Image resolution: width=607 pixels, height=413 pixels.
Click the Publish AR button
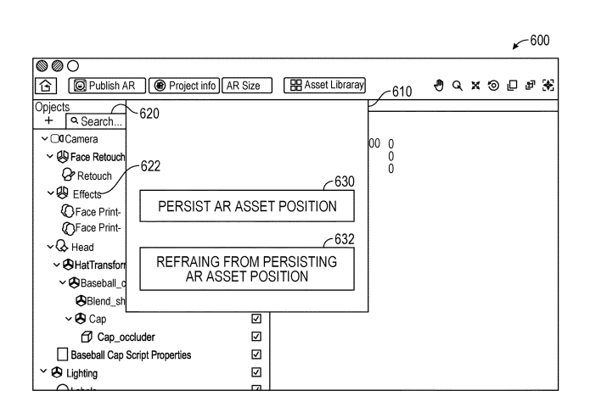pyautogui.click(x=106, y=86)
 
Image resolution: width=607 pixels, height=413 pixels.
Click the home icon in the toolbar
pyautogui.click(x=45, y=86)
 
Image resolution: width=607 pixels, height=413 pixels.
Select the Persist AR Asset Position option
pyautogui.click(x=246, y=207)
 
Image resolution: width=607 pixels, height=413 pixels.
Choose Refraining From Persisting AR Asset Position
pyautogui.click(x=246, y=269)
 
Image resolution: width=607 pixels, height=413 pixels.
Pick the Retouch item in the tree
pyautogui.click(x=93, y=176)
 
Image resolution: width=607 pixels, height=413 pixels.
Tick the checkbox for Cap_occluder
pyautogui.click(x=256, y=336)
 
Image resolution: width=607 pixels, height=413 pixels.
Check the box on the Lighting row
pyautogui.click(x=256, y=372)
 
